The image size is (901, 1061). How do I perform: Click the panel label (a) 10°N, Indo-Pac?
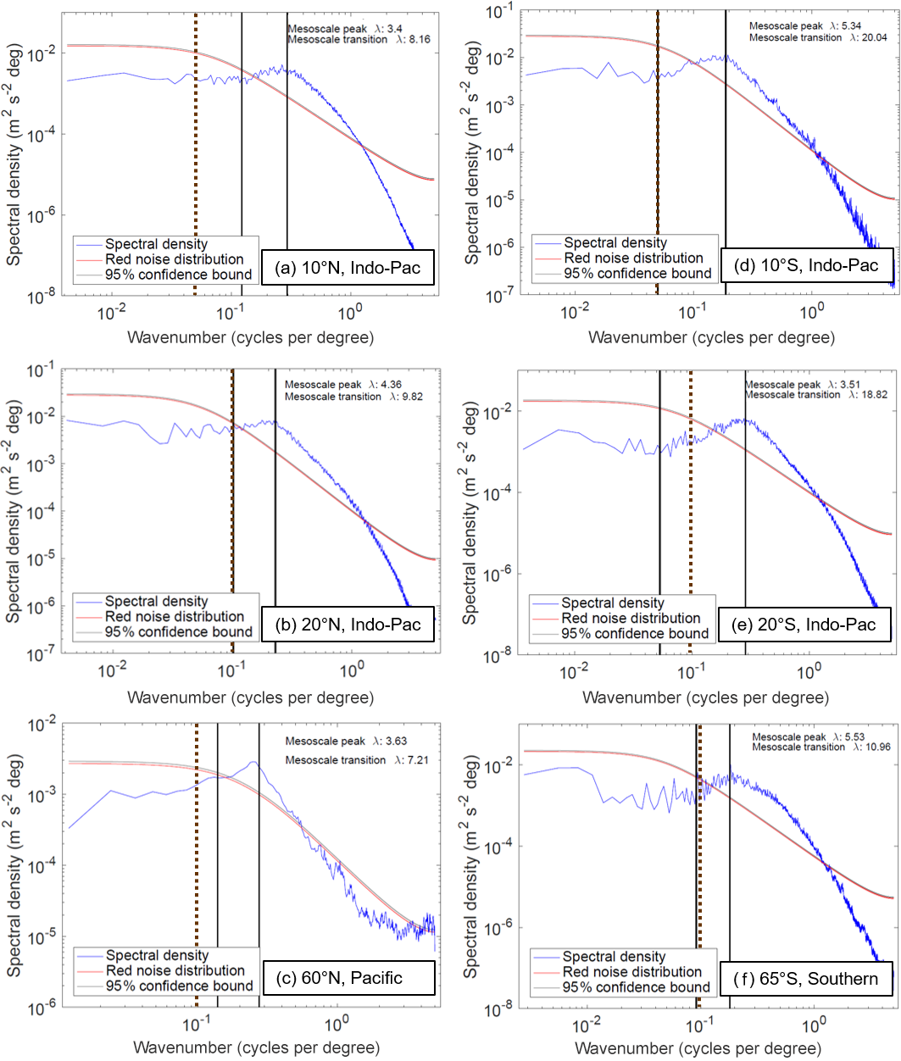tap(349, 269)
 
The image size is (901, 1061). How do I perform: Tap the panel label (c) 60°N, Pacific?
tap(349, 978)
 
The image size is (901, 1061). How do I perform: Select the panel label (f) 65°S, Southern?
tap(805, 979)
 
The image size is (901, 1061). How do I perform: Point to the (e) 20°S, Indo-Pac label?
tap(804, 625)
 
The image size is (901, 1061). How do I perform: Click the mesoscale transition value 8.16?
tap(417, 40)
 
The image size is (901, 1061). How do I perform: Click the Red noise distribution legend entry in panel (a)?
tap(174, 259)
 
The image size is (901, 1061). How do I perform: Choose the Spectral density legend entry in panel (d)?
tap(615, 242)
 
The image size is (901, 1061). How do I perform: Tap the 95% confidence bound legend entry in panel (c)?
tap(179, 986)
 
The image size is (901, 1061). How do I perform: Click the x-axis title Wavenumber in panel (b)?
tap(250, 697)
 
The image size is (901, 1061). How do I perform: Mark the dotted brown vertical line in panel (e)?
tap(690, 508)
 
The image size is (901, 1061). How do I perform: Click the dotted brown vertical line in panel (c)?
tap(196, 847)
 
